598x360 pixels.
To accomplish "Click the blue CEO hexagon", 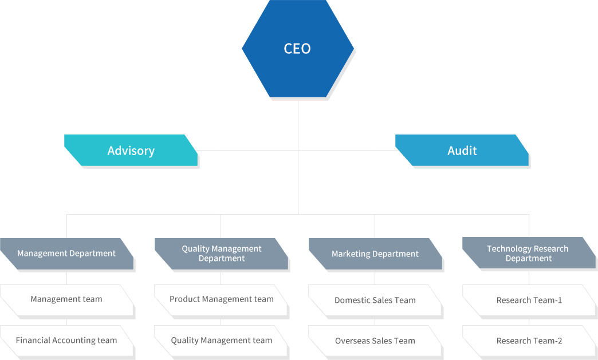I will click(x=297, y=49).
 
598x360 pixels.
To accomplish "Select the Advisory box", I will click(x=131, y=151).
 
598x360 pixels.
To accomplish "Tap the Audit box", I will click(x=462, y=151).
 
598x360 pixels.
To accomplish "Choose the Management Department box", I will click(x=66, y=254).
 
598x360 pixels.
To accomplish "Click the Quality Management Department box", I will click(x=221, y=254).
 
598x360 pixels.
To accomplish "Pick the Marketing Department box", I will click(x=375, y=254).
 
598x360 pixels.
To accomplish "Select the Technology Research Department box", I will click(x=528, y=254).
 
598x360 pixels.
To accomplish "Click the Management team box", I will click(x=66, y=299).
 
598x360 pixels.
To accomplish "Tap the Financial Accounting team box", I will click(x=66, y=341).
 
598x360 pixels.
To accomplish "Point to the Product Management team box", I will click(x=221, y=299).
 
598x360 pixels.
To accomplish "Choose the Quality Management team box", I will click(x=221, y=341).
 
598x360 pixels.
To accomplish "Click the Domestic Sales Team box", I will click(x=375, y=300).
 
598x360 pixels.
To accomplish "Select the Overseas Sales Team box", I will click(x=375, y=341).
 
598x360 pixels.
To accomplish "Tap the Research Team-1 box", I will click(x=529, y=300).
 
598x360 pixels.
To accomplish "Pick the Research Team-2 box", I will click(x=529, y=341).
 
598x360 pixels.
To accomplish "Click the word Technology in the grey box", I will click(x=509, y=249).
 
